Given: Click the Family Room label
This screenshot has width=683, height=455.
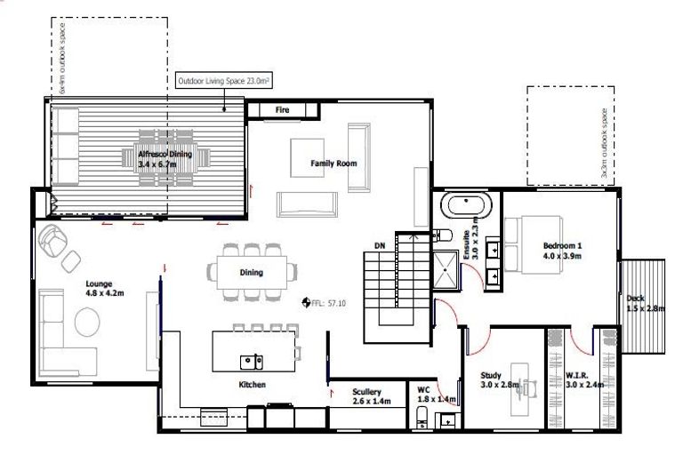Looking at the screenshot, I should pos(333,164).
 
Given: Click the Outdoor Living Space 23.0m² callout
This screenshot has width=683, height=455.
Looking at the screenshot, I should pos(224,81).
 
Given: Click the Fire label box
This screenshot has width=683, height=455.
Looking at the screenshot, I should pos(282,109).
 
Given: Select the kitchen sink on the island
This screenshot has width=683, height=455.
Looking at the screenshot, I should pos(252,360).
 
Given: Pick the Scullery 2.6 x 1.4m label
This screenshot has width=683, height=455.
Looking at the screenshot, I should pos(366,396).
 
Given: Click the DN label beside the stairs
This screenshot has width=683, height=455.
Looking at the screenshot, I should pos(379,244).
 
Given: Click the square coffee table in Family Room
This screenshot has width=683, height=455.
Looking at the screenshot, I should pos(309,156).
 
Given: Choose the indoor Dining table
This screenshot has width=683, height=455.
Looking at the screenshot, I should pos(252,272).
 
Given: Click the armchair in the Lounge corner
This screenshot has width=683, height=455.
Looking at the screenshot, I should pos(54,242).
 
